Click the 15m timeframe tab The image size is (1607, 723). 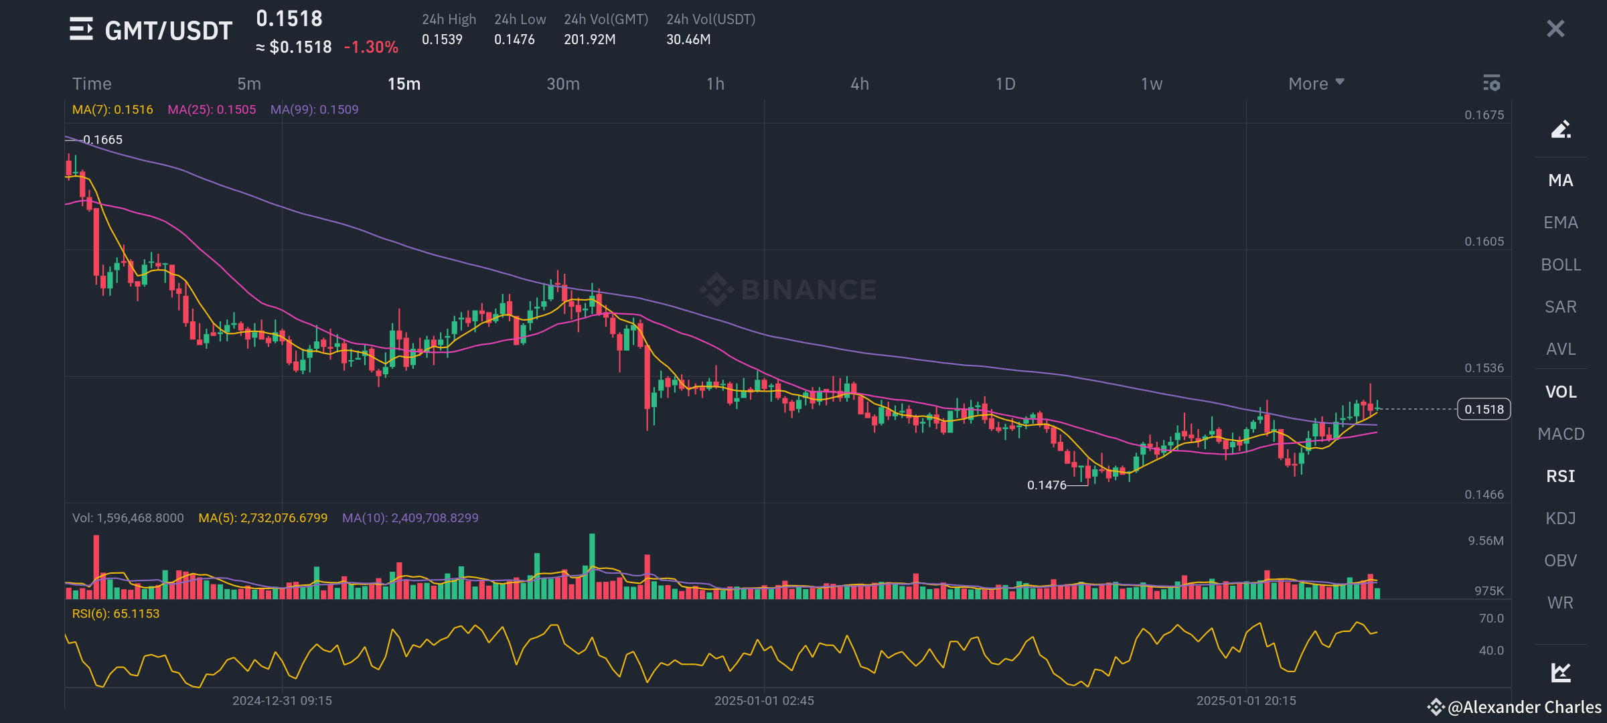tap(404, 84)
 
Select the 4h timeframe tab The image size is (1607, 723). tap(860, 84)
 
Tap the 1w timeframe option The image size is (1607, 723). tap(1152, 84)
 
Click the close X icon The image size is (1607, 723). tap(1555, 29)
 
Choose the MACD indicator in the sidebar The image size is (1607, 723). tap(1561, 434)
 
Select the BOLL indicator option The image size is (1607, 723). tap(1561, 264)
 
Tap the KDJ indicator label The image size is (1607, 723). tap(1561, 518)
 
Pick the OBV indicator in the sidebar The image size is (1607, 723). tap(1561, 560)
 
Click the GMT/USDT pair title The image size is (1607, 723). tap(168, 31)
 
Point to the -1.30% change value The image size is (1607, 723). tap(371, 48)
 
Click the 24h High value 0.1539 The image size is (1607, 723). tap(442, 39)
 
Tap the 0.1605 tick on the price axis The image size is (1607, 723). tap(1484, 242)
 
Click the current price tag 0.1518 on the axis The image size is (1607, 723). tap(1484, 409)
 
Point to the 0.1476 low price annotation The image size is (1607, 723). tap(1047, 485)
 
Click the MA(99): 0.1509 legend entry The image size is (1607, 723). tap(314, 110)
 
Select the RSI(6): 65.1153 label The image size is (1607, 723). tap(116, 614)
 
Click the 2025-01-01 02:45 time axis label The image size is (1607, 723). tap(764, 701)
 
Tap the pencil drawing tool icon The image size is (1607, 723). tap(1561, 129)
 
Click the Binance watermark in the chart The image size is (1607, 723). tap(789, 290)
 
